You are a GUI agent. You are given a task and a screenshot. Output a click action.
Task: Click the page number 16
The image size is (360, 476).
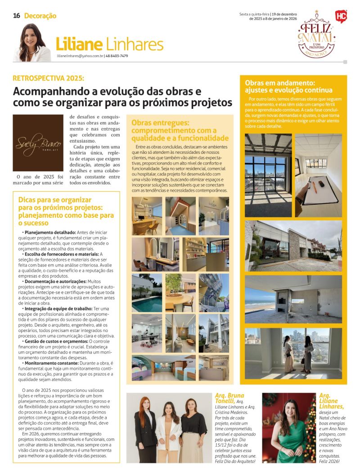pos(17,15)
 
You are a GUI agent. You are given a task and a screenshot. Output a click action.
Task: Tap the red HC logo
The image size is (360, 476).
pos(341,17)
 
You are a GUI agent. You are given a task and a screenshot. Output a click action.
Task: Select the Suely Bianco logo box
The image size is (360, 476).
pos(38,143)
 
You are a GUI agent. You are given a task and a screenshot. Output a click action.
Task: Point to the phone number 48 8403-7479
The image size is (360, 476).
pos(117,56)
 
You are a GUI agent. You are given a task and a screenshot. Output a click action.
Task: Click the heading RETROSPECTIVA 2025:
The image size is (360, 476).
pos(49,77)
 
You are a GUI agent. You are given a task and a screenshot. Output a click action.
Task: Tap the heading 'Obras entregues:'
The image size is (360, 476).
pos(160,123)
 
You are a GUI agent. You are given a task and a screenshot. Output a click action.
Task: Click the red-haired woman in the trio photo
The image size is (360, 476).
pos(145,425)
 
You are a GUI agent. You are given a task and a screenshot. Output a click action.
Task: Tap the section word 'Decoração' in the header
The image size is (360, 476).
pos(40,16)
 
